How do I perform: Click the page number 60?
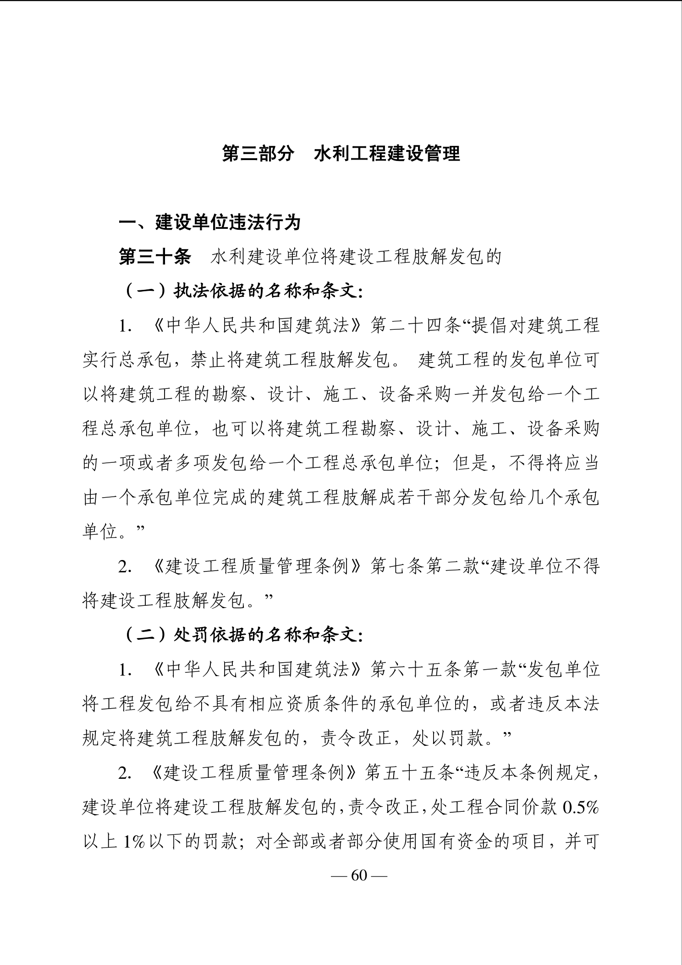coord(359,876)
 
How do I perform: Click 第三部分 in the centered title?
coord(258,154)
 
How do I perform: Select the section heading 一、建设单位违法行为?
coord(210,222)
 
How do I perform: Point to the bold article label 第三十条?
coord(155,257)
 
